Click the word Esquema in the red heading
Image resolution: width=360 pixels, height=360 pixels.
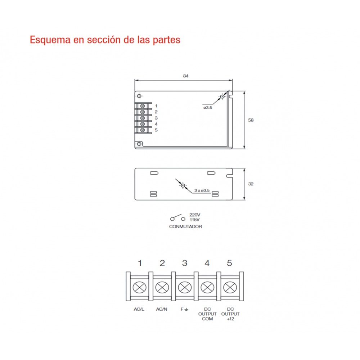(x=50, y=40)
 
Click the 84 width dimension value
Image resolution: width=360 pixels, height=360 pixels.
(x=186, y=76)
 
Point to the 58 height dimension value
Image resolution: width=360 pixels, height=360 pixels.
(x=251, y=120)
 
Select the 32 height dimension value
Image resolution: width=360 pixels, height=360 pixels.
(x=251, y=184)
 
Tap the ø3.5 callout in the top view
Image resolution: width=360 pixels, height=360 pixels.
(x=208, y=108)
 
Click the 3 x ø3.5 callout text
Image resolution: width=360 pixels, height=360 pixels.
(x=202, y=190)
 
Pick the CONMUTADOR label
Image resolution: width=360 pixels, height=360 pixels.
(x=185, y=226)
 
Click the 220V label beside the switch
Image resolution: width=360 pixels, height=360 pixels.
(x=195, y=215)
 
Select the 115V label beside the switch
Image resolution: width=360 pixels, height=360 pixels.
(x=195, y=220)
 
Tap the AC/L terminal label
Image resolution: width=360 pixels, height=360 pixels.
(x=139, y=309)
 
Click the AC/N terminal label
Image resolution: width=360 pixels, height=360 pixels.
(x=162, y=309)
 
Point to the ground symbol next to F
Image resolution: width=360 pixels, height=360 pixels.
(x=186, y=310)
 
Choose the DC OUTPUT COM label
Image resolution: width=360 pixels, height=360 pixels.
(x=207, y=314)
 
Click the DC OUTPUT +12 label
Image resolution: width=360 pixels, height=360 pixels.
(x=230, y=314)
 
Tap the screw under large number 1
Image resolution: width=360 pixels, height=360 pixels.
(x=140, y=287)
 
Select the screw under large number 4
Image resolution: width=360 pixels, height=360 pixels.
(x=207, y=287)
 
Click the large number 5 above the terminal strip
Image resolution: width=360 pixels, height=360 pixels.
(x=229, y=263)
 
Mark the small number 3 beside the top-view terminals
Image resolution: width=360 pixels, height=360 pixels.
(x=156, y=118)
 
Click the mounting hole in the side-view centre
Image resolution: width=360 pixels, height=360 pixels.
(x=183, y=185)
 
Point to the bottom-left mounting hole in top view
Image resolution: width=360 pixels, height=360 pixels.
(x=139, y=144)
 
